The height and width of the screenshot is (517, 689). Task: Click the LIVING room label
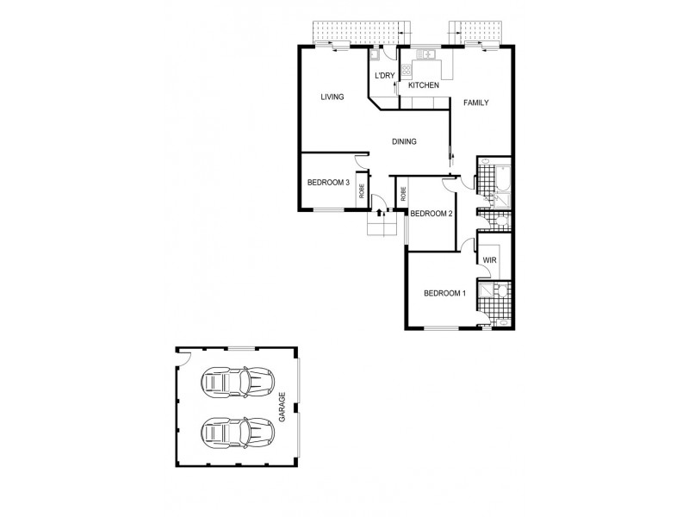[x=332, y=97]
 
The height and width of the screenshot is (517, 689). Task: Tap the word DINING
[x=404, y=142]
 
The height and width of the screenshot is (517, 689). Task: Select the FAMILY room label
[x=476, y=103]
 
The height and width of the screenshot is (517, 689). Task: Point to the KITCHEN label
[x=424, y=85]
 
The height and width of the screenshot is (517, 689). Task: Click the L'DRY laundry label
[x=384, y=77]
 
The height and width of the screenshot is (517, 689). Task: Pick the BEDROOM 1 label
[x=444, y=294]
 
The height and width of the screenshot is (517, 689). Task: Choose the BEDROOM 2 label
[x=431, y=214]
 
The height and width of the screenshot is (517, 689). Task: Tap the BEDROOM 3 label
[x=328, y=183]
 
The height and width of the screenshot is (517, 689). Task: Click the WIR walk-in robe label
[x=489, y=260]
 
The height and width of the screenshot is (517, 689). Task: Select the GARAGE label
[x=281, y=408]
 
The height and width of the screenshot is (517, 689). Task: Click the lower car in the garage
[x=237, y=430]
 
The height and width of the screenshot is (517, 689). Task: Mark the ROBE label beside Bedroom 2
[x=403, y=193]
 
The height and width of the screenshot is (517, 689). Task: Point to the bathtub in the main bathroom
[x=505, y=179]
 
